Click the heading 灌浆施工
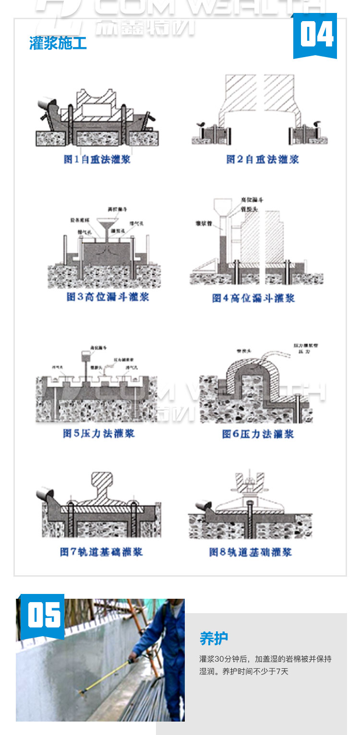58,44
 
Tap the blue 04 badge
315,36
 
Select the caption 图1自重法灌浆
97,159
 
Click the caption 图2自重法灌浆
262,159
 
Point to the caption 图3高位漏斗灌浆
108,297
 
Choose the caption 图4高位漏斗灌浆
253,298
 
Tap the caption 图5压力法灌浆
99,434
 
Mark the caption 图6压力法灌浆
258,434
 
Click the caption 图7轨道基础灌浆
101,552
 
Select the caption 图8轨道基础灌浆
250,552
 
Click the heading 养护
214,639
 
